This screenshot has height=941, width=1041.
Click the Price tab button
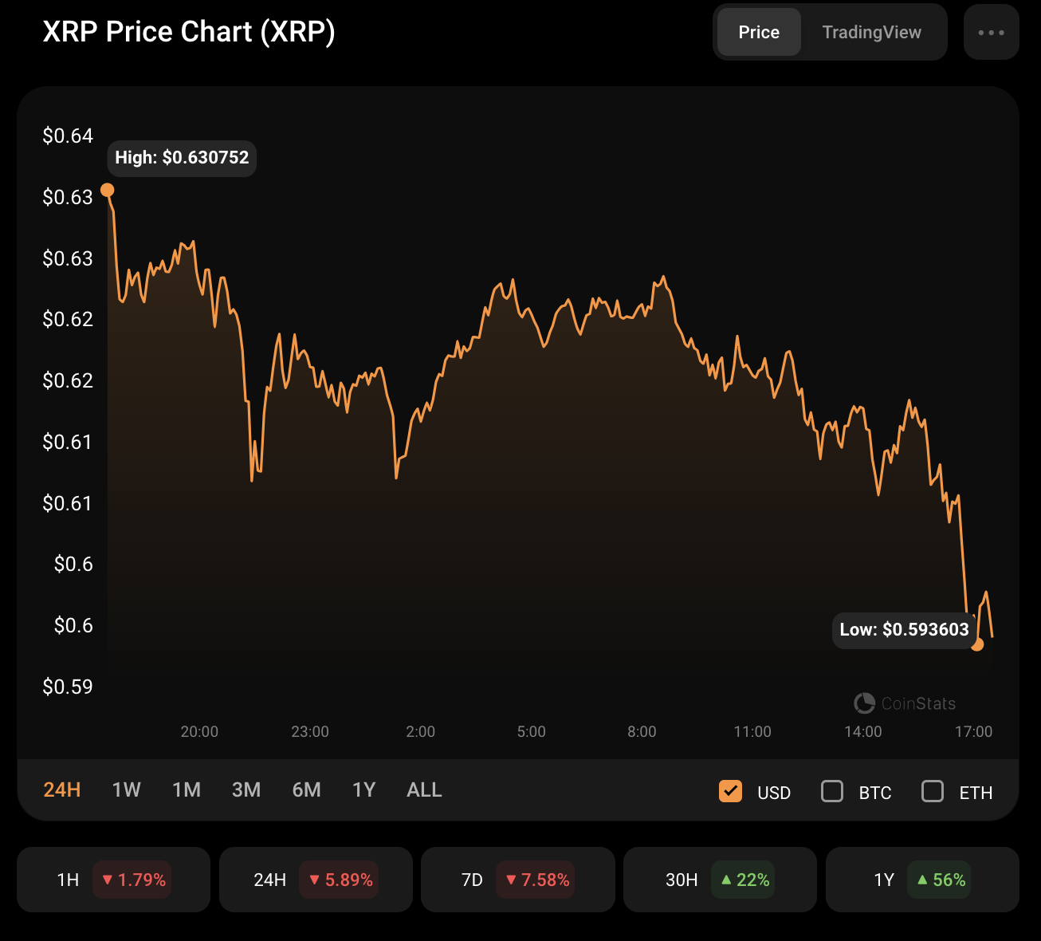(759, 33)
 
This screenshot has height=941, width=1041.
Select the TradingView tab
(871, 33)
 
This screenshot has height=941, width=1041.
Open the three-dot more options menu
(991, 33)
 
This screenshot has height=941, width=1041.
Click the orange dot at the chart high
(108, 191)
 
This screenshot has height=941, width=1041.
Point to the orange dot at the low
(978, 644)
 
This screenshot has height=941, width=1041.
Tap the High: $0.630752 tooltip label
(182, 158)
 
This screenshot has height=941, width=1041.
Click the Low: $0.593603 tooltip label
(904, 630)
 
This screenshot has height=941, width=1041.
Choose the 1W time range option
(126, 790)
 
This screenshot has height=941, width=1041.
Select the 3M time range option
(246, 790)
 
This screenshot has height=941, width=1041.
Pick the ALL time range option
(424, 790)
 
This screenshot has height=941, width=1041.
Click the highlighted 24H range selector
(62, 790)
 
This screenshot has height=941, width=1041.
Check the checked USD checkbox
(731, 791)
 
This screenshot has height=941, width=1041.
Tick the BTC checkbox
(832, 791)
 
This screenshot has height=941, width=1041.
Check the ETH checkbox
(933, 791)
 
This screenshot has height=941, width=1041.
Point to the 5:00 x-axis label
(532, 732)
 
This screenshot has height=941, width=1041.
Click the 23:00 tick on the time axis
(310, 732)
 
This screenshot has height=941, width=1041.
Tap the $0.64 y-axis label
(68, 136)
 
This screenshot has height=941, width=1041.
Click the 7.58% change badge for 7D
(536, 880)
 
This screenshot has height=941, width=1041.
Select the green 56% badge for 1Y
(939, 880)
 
